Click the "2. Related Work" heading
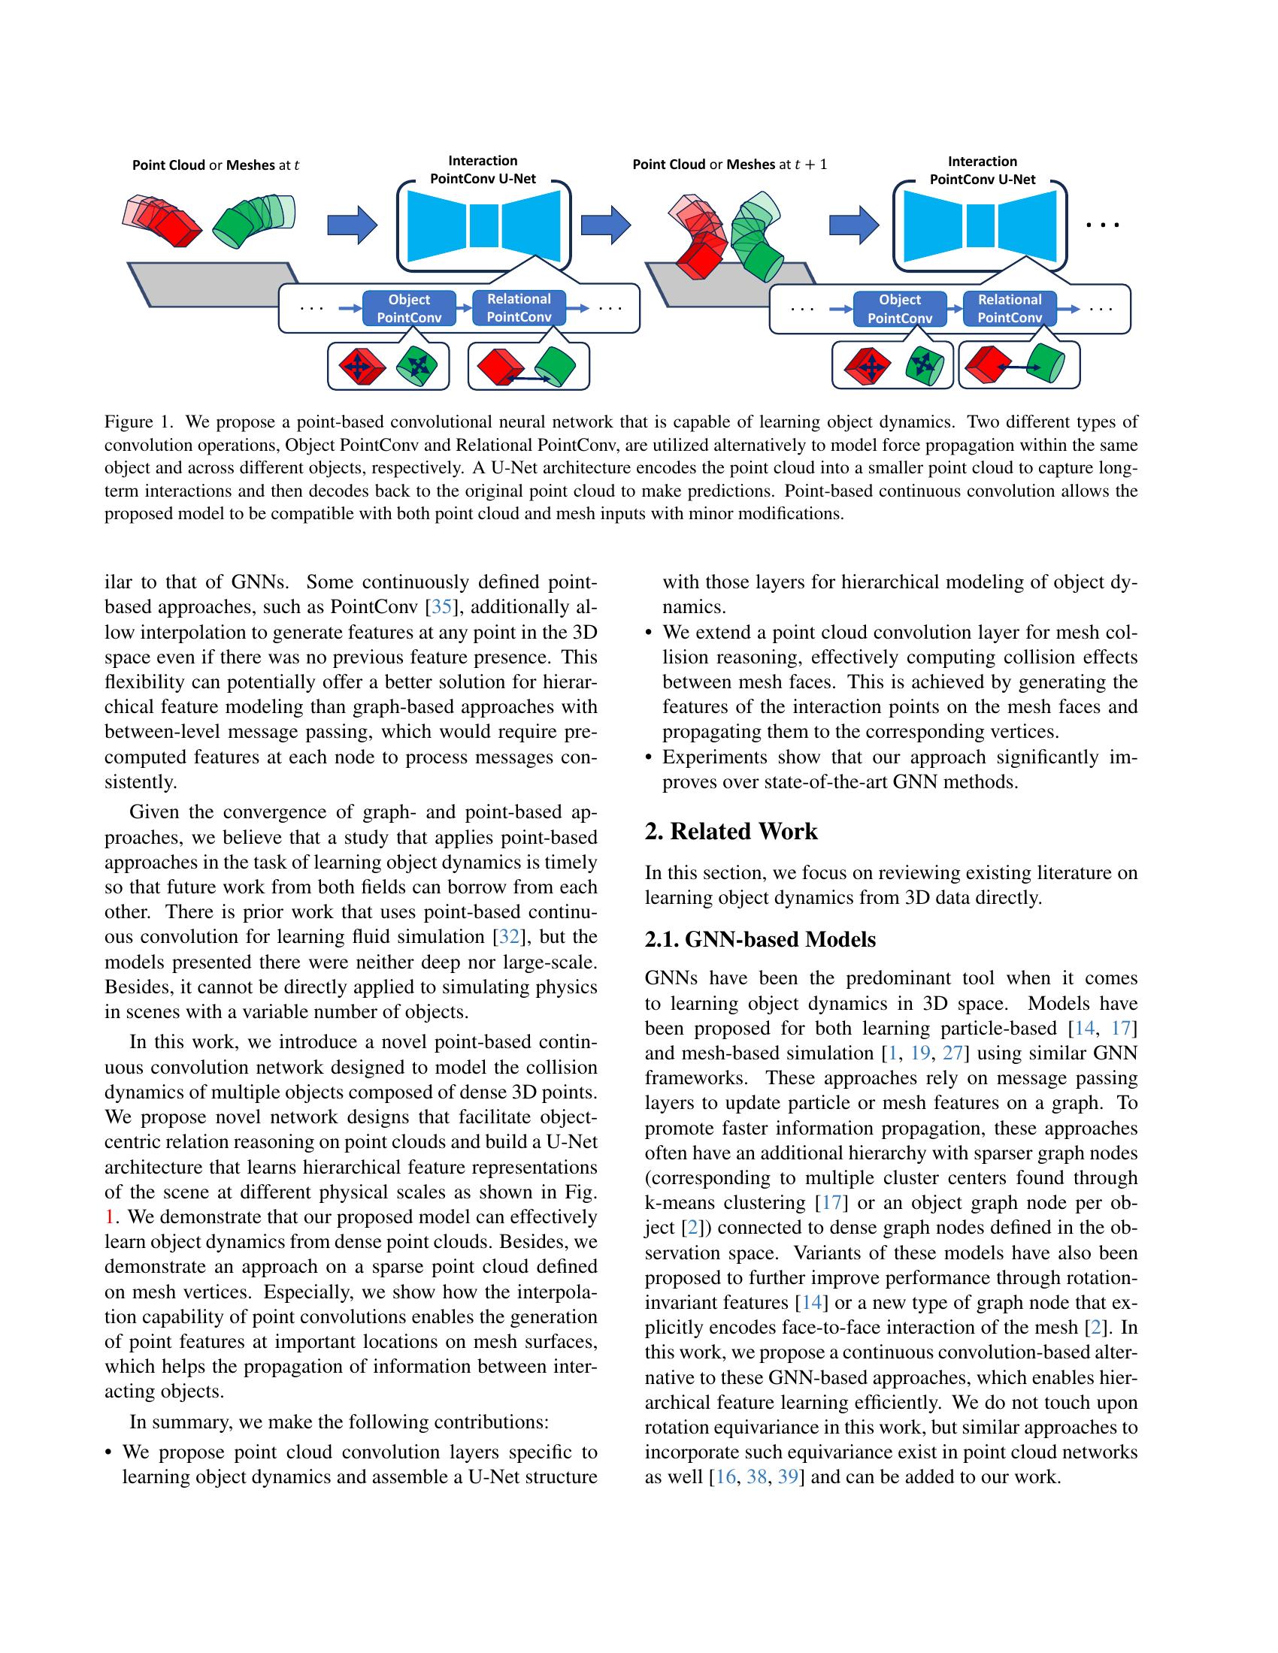(x=731, y=832)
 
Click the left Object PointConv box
(x=409, y=309)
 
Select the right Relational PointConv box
(x=1009, y=309)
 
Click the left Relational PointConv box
(x=519, y=308)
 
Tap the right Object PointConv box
(x=899, y=309)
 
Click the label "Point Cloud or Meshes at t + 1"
(x=729, y=165)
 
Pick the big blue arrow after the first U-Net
(x=605, y=222)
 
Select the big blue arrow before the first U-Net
(x=351, y=223)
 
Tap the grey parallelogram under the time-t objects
(x=212, y=284)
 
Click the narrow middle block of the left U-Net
(x=484, y=224)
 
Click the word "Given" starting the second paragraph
(x=154, y=813)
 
